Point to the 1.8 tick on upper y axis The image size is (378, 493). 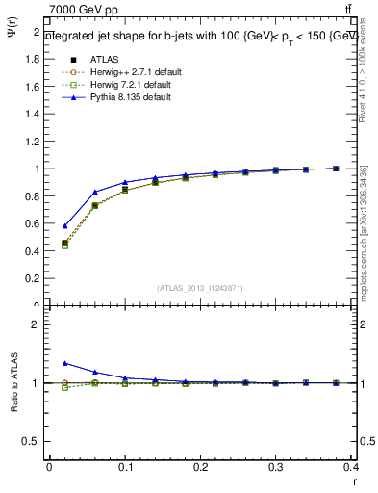[36, 59]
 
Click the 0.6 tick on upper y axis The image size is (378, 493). [36, 223]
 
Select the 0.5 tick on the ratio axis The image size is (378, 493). [36, 441]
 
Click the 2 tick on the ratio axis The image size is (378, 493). [38, 324]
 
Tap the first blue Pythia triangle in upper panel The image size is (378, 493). [64, 226]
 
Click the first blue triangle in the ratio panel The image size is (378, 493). [64, 363]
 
